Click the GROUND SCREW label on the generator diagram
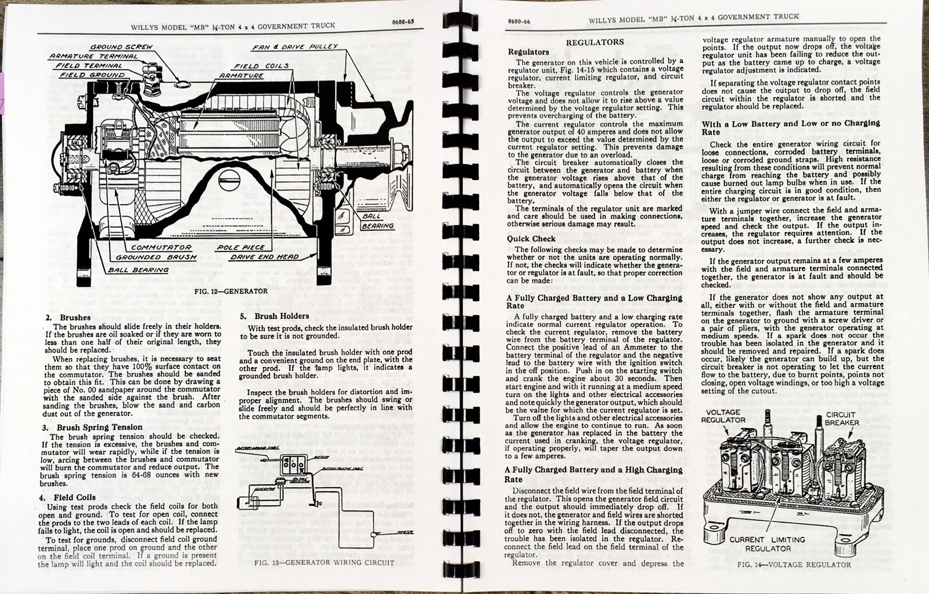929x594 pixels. click(121, 46)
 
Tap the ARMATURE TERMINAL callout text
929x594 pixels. click(93, 56)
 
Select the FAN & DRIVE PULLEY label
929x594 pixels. click(295, 46)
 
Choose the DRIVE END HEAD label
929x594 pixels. click(264, 257)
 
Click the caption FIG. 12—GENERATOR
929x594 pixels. click(231, 291)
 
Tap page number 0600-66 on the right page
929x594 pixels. click(518, 22)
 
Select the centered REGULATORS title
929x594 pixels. click(595, 42)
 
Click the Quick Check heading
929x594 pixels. click(531, 239)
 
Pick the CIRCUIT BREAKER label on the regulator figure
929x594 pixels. click(842, 419)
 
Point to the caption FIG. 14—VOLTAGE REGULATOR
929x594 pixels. click(794, 564)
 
